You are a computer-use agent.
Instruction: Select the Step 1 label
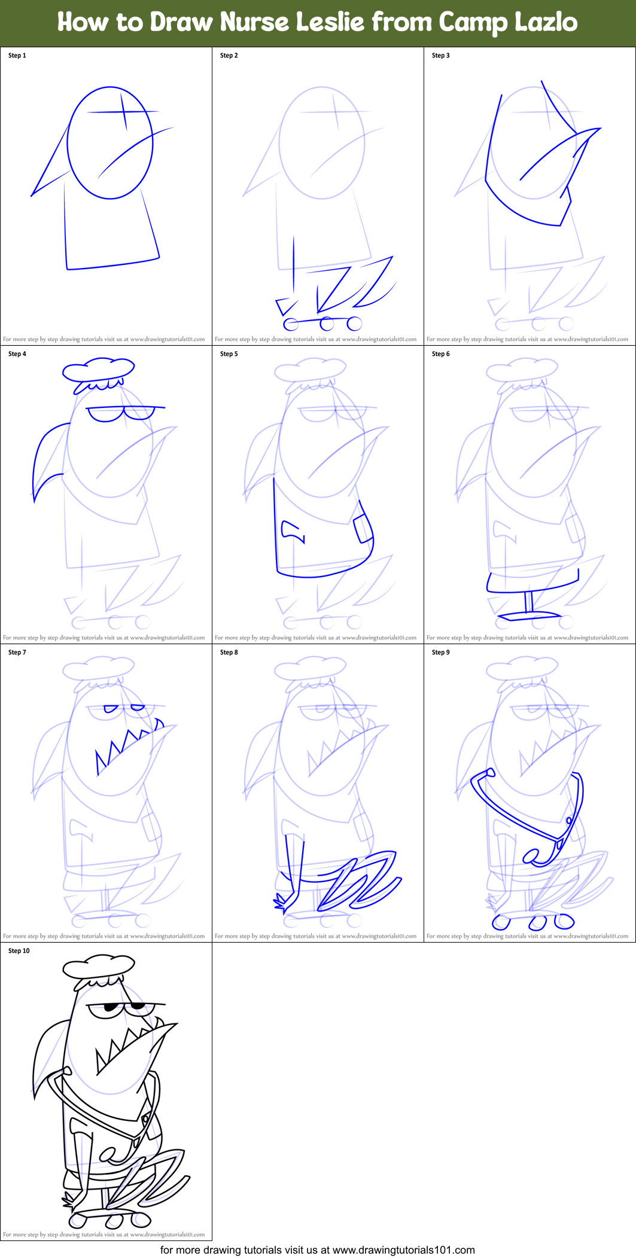coord(17,56)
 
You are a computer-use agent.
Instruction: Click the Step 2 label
coord(229,56)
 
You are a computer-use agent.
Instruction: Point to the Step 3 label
coord(441,56)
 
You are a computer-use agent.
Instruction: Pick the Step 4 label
coord(17,354)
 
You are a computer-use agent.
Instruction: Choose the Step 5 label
coord(229,354)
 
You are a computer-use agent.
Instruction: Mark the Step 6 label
coord(441,354)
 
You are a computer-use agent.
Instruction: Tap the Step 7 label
coord(17,653)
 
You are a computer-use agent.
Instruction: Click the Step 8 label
coord(229,653)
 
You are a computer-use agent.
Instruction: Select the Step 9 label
coord(441,653)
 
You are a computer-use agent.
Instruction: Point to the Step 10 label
coord(19,951)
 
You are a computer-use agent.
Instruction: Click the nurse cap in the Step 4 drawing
coord(99,370)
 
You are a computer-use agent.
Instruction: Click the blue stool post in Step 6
coord(529,602)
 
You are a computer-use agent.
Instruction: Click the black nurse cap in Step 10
coord(99,965)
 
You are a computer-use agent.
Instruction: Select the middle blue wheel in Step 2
coord(327,324)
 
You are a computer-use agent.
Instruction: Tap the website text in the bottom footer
coord(403,1250)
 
